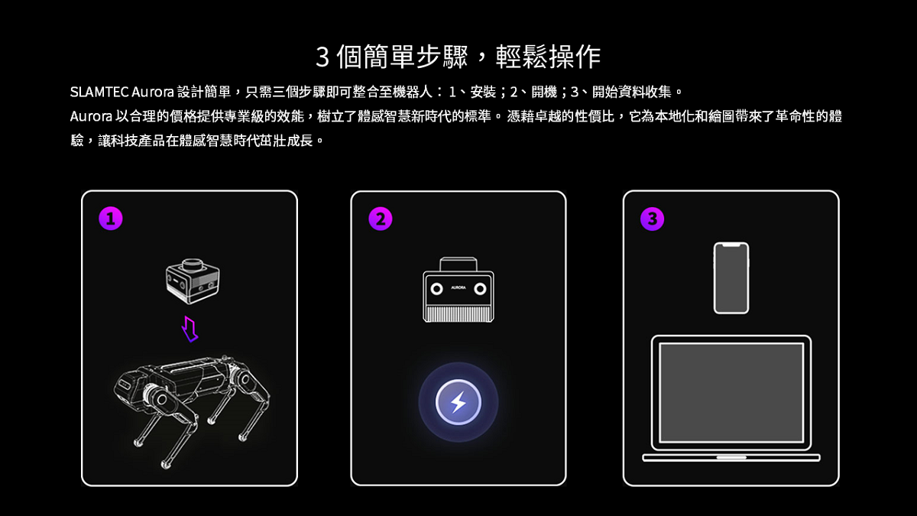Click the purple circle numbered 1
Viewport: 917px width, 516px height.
pyautogui.click(x=111, y=219)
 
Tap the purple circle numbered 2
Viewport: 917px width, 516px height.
pyautogui.click(x=381, y=219)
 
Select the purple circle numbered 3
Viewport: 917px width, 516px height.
pyautogui.click(x=652, y=219)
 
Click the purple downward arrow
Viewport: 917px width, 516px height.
pyautogui.click(x=190, y=329)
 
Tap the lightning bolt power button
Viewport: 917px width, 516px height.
pyautogui.click(x=458, y=402)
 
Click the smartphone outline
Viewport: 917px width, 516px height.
pyautogui.click(x=731, y=278)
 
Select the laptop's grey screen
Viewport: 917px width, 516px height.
pyautogui.click(x=731, y=393)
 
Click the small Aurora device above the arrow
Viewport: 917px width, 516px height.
pyautogui.click(x=193, y=281)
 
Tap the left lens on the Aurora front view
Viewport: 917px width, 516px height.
pyautogui.click(x=436, y=289)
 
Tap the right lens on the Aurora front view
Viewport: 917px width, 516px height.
pyautogui.click(x=480, y=289)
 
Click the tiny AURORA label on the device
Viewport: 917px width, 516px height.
pyautogui.click(x=458, y=287)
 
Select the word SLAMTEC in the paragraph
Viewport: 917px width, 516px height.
pyautogui.click(x=99, y=92)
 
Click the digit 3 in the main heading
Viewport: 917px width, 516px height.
pyautogui.click(x=322, y=57)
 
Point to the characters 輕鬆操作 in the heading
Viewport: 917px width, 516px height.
pyautogui.click(x=548, y=57)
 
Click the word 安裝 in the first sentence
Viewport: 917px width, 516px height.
pyautogui.click(x=483, y=92)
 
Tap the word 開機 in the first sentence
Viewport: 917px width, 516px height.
pyautogui.click(x=544, y=92)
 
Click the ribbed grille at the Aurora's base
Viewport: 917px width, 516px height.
pyautogui.click(x=458, y=314)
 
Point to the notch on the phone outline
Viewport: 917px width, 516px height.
pyautogui.click(x=731, y=245)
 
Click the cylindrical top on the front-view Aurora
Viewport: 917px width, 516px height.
pyautogui.click(x=458, y=264)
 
